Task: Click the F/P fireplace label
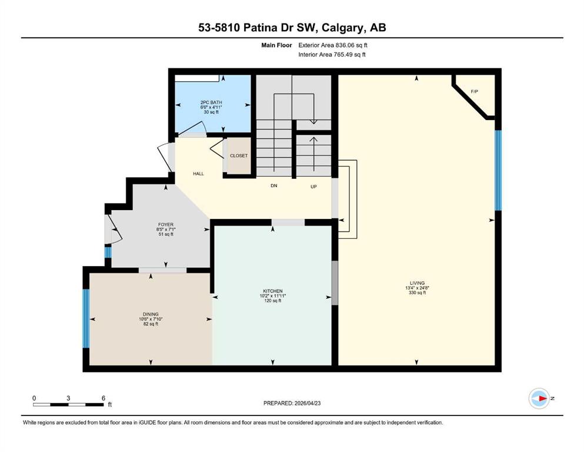[474, 91]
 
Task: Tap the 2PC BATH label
[211, 102]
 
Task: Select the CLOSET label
[239, 156]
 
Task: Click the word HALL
[199, 174]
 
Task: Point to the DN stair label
[273, 185]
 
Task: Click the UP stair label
[313, 187]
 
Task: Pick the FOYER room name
[166, 225]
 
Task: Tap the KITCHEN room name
[273, 291]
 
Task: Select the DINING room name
[151, 314]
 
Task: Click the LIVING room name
[417, 283]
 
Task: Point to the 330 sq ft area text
[417, 293]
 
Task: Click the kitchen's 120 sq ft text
[273, 301]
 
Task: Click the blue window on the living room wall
[498, 170]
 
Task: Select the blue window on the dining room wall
[86, 318]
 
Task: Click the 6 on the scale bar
[103, 398]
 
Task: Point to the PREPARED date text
[292, 403]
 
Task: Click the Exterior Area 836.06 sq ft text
[333, 45]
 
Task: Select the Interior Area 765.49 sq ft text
[332, 54]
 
